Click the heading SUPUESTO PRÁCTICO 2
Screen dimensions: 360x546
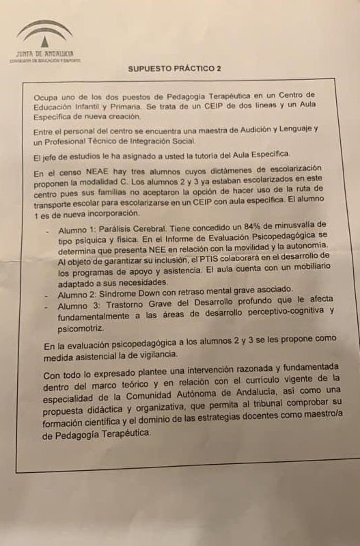click(x=174, y=68)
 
